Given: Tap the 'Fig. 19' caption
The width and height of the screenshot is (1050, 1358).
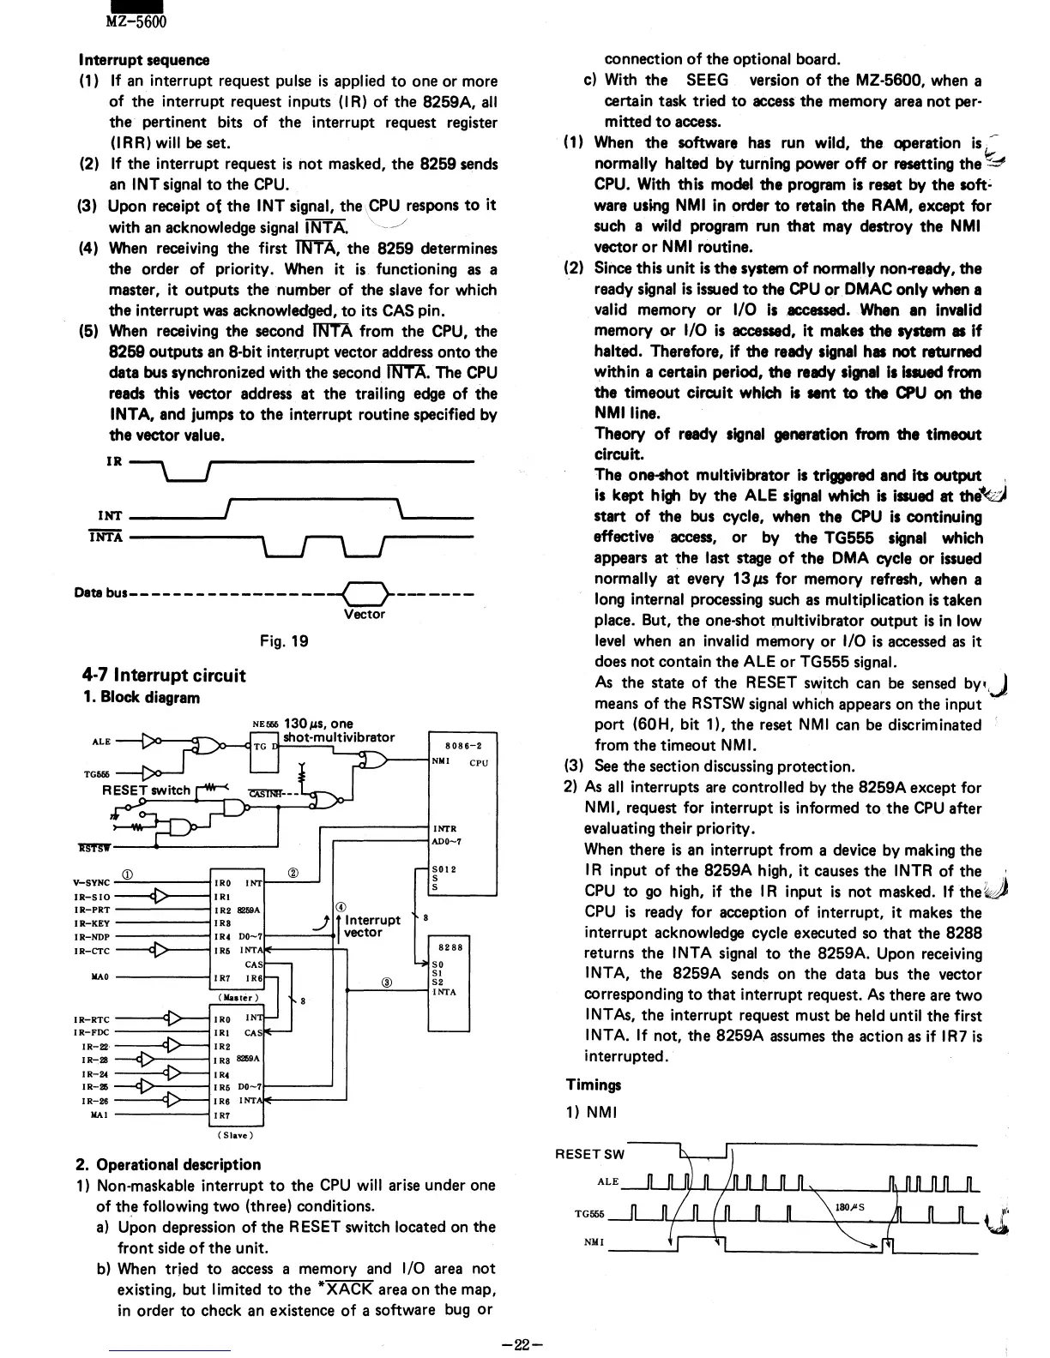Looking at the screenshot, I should pos(285,640).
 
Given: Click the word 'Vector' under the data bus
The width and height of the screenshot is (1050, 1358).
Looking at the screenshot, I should pos(365,614).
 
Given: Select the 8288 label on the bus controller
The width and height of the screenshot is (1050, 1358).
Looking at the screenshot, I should pos(450,947).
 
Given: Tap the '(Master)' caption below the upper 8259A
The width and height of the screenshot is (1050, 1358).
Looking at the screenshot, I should pos(234,997).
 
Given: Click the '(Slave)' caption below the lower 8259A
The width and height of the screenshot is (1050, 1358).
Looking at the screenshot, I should pos(235,1135).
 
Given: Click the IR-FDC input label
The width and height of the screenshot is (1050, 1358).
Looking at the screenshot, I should pos(92,1033).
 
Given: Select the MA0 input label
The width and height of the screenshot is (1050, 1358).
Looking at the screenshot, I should pos(97,977).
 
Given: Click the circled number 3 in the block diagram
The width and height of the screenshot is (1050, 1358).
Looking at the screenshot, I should pos(388,983).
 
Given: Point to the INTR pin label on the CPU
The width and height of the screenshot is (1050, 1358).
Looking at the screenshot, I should pos(444,828).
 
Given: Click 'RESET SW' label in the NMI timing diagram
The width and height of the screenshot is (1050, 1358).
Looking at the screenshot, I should pos(590,1154).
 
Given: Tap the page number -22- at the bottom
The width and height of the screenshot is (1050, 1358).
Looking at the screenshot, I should pos(524,1345).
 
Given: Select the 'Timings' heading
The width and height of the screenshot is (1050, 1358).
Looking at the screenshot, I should pos(594,1085).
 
